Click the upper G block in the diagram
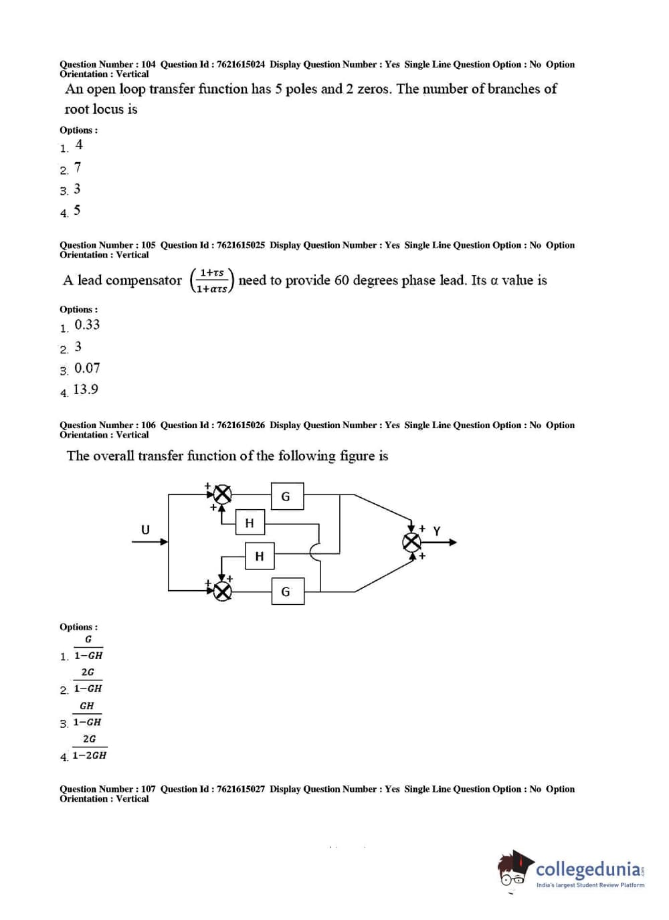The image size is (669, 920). [287, 496]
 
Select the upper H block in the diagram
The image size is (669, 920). [250, 523]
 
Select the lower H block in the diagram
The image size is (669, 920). [260, 556]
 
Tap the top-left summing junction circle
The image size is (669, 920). [222, 494]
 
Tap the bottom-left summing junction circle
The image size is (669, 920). [222, 590]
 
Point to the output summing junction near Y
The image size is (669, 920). [411, 542]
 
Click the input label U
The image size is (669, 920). [145, 530]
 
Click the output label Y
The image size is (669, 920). [437, 531]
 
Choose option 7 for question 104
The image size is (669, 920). [78, 167]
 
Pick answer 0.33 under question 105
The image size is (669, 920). [87, 325]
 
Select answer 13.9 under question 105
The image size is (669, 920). [86, 389]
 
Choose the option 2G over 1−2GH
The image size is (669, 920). [90, 747]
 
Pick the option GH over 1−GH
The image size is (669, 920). [87, 714]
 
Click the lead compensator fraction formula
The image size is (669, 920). [212, 281]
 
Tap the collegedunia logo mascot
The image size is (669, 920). [514, 870]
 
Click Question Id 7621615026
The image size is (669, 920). [240, 425]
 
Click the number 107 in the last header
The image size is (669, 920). [148, 789]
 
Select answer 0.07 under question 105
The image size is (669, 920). [87, 369]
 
